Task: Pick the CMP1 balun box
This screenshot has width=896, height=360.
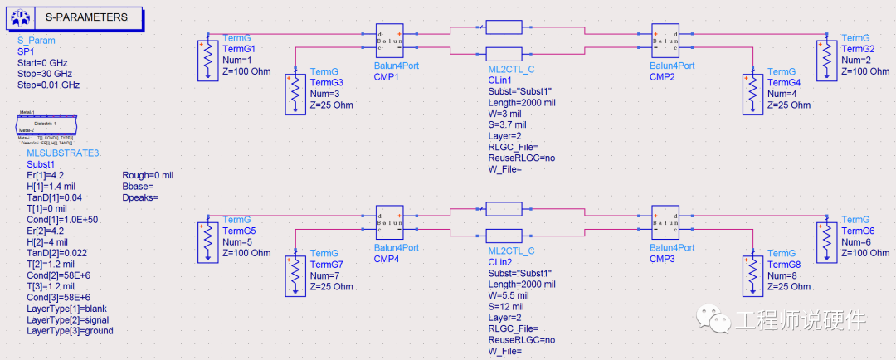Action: coord(389,41)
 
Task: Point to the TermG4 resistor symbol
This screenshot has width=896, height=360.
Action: coord(752,94)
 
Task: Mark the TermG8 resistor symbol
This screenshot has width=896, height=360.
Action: coord(752,275)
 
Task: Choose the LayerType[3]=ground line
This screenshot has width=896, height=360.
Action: coord(70,330)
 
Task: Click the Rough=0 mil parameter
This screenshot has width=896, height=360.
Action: coord(148,176)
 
